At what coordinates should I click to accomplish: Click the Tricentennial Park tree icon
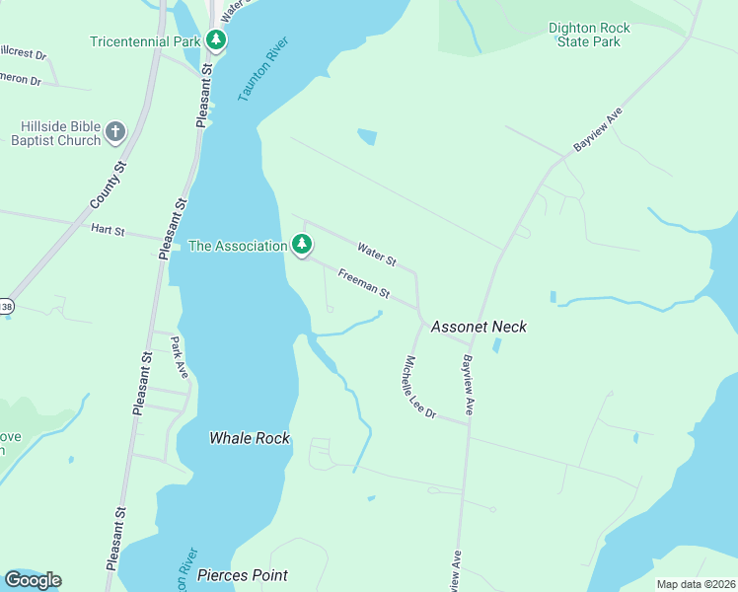coord(216,40)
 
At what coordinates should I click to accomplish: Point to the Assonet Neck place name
coord(479,327)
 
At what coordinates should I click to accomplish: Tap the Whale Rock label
coord(250,437)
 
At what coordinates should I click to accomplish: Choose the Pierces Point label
coord(243,575)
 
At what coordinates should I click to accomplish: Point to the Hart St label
coord(108,230)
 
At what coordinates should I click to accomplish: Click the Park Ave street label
coord(179,358)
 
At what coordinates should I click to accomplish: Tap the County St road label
coord(109,185)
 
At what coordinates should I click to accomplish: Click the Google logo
coord(33,580)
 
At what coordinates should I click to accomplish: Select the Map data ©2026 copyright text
coord(696,584)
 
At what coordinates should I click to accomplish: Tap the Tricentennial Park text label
coord(145,41)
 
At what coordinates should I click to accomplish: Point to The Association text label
coord(237,246)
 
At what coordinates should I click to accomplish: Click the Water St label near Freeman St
coord(376,256)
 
